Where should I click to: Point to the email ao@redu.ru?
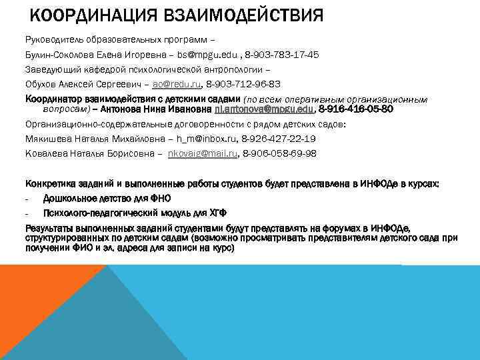coord(177,85)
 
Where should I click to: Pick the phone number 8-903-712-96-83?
coord(243,85)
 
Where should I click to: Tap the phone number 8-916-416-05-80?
coord(356,109)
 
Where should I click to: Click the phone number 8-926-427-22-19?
coord(279,139)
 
